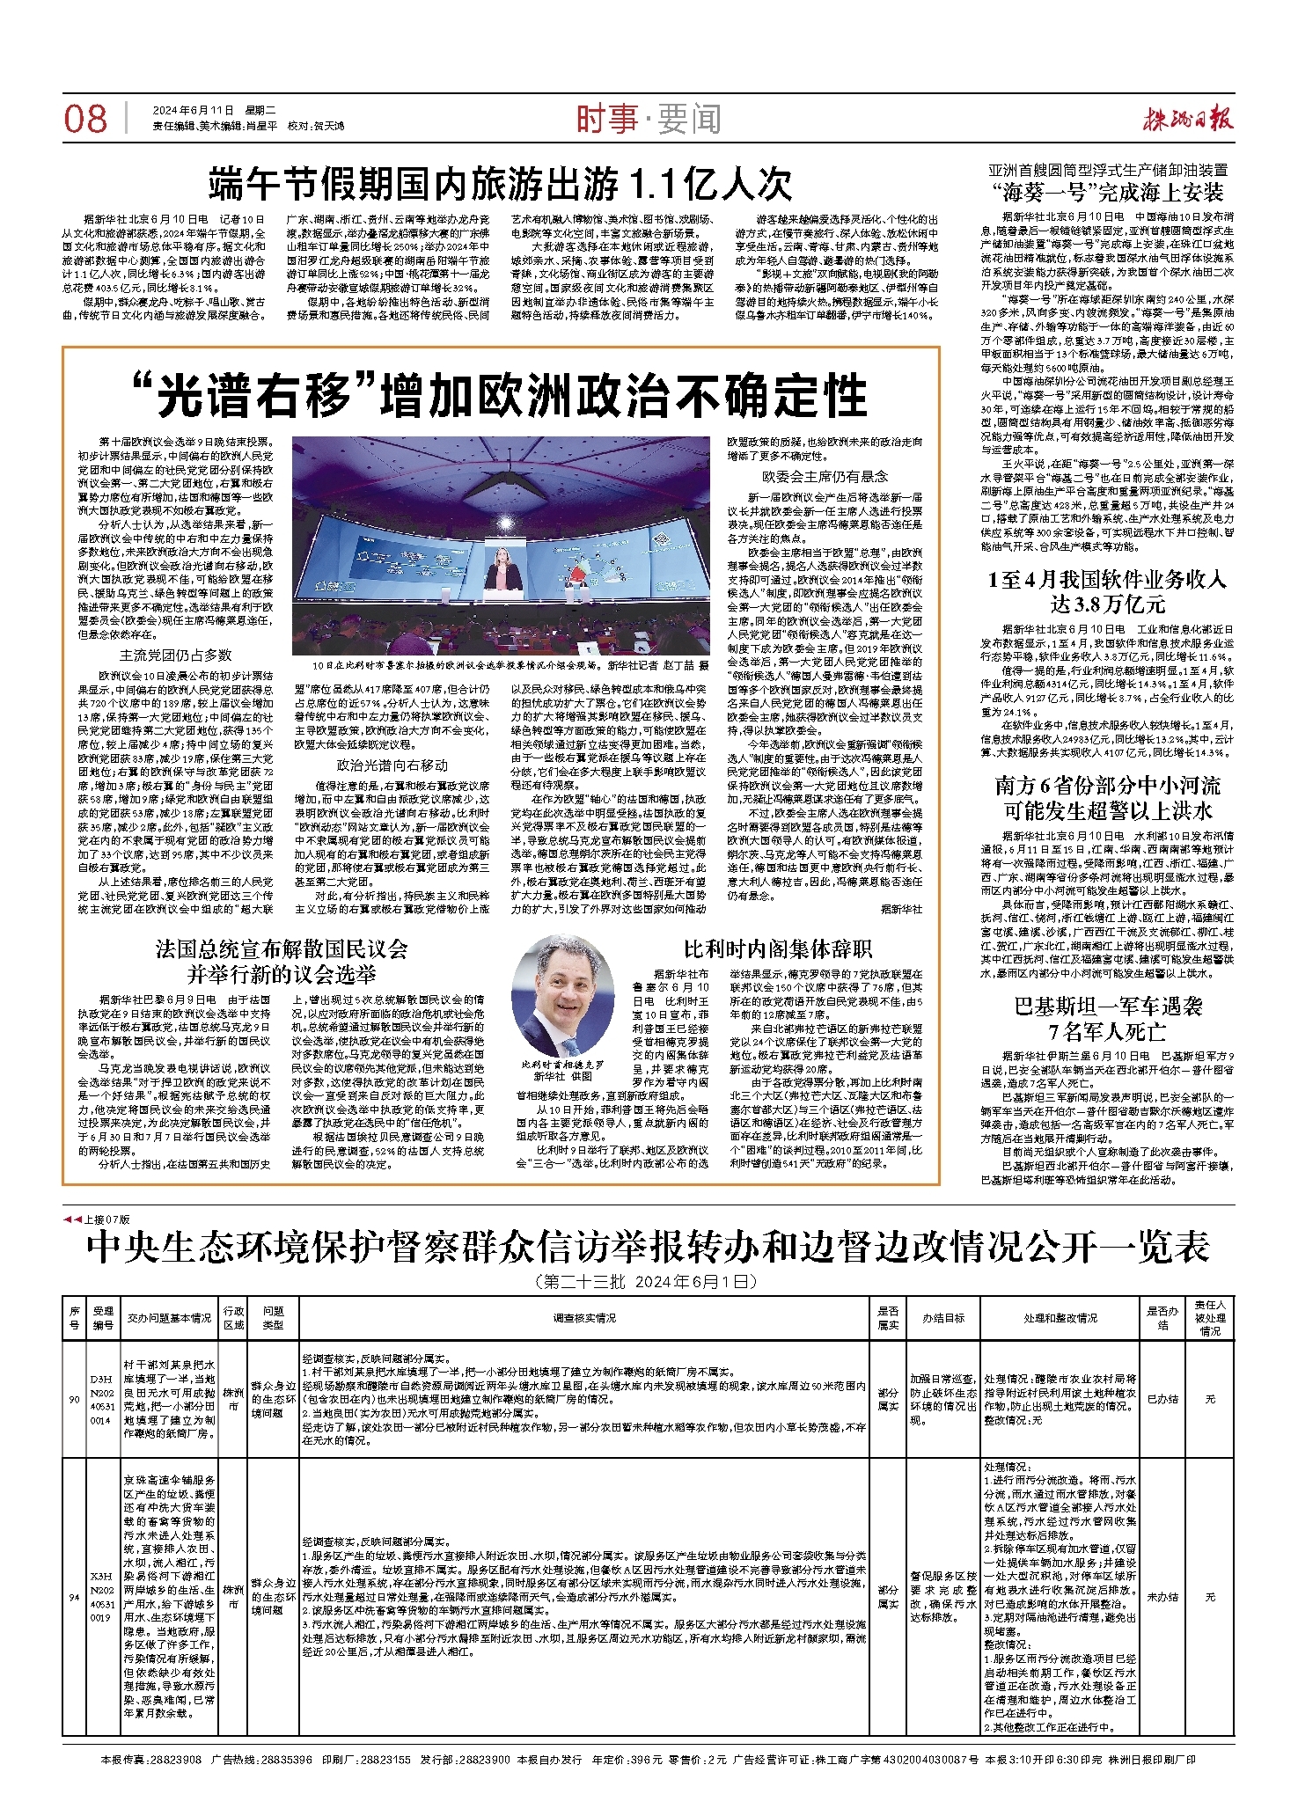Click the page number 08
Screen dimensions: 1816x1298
[x=85, y=119]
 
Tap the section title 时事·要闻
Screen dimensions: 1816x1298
[x=649, y=120]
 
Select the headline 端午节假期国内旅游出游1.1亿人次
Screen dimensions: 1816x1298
[x=500, y=185]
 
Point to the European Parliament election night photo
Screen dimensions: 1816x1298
[x=500, y=546]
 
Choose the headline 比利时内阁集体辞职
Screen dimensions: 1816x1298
[x=778, y=949]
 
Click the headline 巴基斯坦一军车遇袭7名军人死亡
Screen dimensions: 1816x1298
[x=1108, y=1018]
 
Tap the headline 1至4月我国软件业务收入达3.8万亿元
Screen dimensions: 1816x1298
[x=1107, y=591]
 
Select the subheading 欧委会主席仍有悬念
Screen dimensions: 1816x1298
[x=825, y=476]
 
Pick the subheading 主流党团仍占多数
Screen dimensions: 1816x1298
[x=176, y=655]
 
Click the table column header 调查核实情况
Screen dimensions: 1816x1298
[x=584, y=1318]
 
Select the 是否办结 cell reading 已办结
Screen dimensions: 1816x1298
[x=1162, y=1399]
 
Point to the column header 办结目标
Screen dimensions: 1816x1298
[x=943, y=1318]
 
